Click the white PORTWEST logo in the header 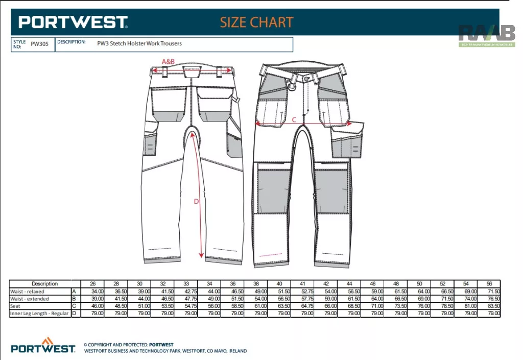(73, 22)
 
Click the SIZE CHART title (256, 22)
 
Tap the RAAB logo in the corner (487, 35)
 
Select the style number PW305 (39, 44)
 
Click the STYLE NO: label (19, 44)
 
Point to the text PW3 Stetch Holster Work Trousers (139, 43)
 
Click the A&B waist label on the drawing (168, 62)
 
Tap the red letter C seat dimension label (294, 119)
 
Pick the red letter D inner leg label (196, 201)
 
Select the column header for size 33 (186, 284)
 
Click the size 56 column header (489, 284)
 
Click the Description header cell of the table (45, 284)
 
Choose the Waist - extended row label (30, 299)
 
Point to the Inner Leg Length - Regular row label (39, 314)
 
